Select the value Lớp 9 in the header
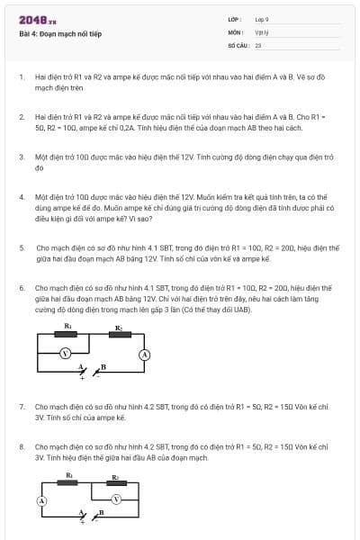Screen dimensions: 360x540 [x=262, y=19]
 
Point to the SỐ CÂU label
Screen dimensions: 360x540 [x=237, y=43]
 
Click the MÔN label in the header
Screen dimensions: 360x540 [x=235, y=31]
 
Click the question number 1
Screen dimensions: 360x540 [x=21, y=77]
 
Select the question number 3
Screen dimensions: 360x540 [x=21, y=156]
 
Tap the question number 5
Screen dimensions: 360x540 [x=21, y=247]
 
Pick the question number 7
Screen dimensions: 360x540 [x=21, y=406]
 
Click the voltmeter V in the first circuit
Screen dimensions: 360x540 [x=65, y=354]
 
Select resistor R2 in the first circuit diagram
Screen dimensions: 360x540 [x=119, y=332]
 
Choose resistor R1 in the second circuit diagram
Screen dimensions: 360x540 [x=70, y=481]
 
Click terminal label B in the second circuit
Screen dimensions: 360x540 [x=103, y=512]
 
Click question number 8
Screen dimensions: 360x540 [x=21, y=445]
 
